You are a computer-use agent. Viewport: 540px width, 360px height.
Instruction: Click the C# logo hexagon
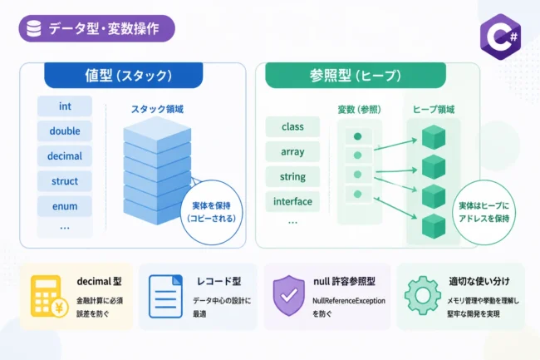click(x=500, y=37)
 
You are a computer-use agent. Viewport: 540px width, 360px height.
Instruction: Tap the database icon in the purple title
click(x=34, y=28)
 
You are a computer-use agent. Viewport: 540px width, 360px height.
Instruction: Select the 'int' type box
click(x=65, y=106)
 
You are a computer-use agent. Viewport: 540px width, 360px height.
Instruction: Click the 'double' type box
click(x=65, y=131)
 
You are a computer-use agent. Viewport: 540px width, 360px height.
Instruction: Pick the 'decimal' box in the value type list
click(x=65, y=156)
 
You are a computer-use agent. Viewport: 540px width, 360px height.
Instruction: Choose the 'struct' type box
click(x=65, y=181)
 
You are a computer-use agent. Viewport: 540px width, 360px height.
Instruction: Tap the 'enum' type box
click(x=65, y=206)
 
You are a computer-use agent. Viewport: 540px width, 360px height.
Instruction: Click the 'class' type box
click(x=292, y=126)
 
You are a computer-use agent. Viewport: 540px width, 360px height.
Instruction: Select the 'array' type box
click(x=292, y=151)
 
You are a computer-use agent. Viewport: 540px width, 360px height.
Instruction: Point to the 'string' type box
click(x=292, y=177)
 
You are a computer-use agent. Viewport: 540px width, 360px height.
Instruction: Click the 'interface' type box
click(x=292, y=201)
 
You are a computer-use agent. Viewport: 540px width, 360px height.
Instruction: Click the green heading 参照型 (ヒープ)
click(x=356, y=76)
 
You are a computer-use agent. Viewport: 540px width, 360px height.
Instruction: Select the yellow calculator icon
click(x=49, y=296)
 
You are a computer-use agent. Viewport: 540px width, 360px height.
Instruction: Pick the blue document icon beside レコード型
click(x=165, y=296)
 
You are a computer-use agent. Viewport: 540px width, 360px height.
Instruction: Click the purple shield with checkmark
click(x=288, y=296)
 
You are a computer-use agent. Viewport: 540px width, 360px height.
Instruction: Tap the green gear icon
click(x=423, y=296)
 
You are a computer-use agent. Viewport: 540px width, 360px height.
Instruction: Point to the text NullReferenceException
click(x=349, y=301)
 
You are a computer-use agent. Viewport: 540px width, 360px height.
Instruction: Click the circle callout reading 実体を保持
click(x=212, y=212)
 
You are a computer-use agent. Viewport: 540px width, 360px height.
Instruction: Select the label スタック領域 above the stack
click(x=157, y=109)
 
